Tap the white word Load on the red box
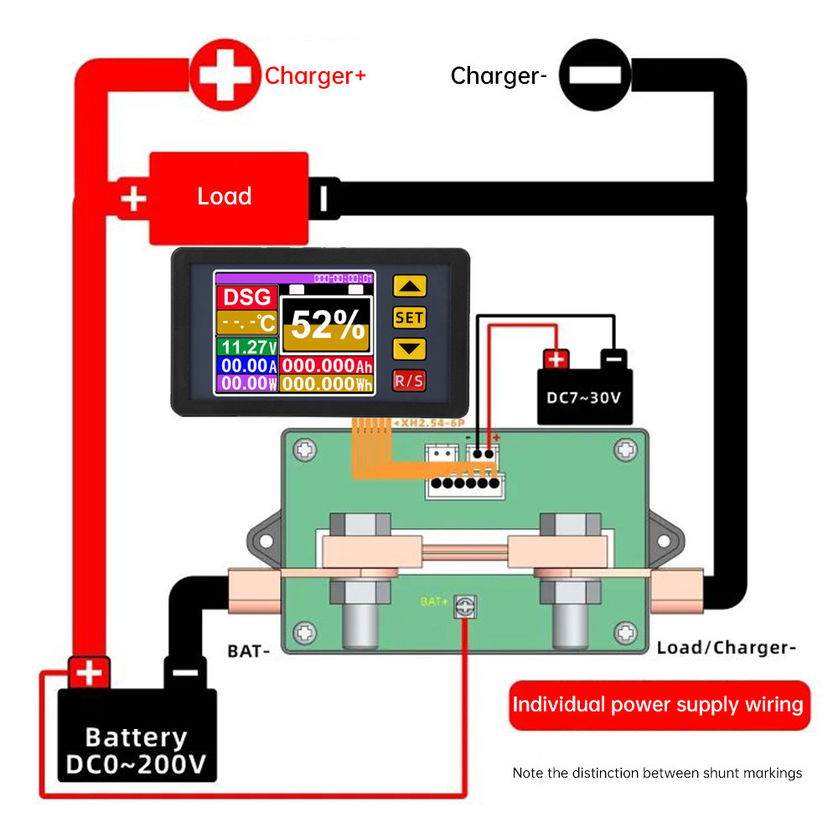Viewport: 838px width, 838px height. coord(224,196)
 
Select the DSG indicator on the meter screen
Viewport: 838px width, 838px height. coord(247,297)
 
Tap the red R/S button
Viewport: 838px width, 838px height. coord(409,380)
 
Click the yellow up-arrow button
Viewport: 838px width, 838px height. coord(409,286)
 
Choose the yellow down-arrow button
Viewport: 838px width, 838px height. coord(409,349)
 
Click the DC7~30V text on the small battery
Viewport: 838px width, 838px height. coord(584,397)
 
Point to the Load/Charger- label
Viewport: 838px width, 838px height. coord(725,648)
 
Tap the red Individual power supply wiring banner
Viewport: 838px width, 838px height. coord(657,704)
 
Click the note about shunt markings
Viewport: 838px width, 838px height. coord(657,773)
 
